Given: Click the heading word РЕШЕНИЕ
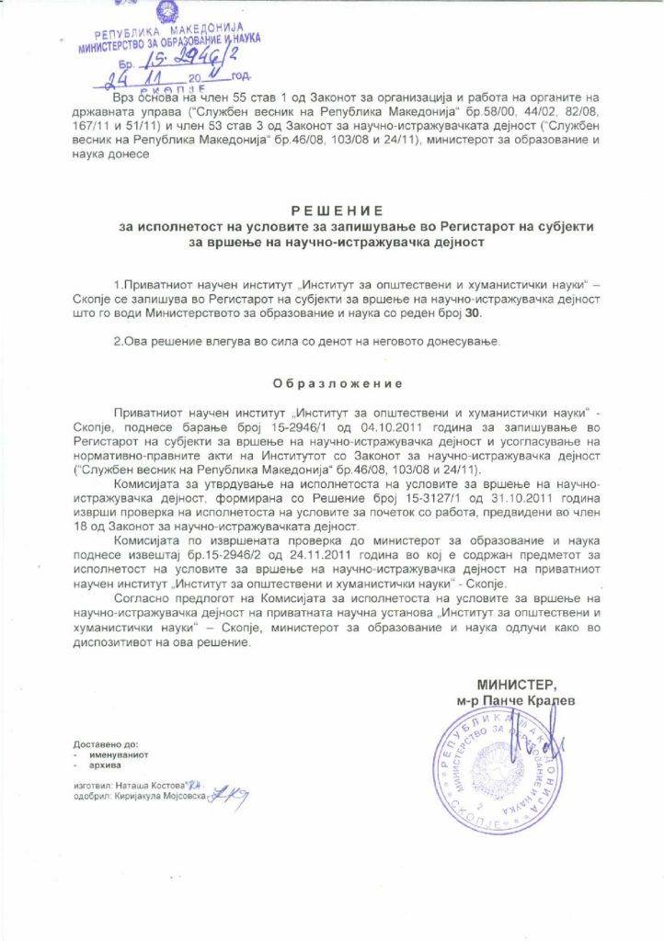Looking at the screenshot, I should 331,210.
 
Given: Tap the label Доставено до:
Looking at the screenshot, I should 105,743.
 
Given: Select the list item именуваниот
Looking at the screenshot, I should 115,754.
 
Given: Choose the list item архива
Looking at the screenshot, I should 103,764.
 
